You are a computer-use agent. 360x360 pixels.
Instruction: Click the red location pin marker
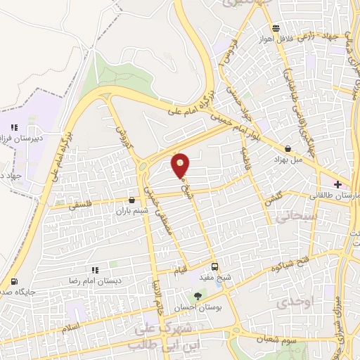[x=181, y=165]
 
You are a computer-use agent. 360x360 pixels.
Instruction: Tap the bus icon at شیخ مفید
[x=215, y=267]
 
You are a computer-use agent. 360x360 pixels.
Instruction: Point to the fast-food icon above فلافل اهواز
[x=276, y=29]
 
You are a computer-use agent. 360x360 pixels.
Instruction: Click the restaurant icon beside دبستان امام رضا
[x=95, y=269]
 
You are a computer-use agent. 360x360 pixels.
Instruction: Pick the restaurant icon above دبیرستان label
[x=13, y=127]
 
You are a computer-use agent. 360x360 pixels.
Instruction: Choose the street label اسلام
[x=71, y=328]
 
